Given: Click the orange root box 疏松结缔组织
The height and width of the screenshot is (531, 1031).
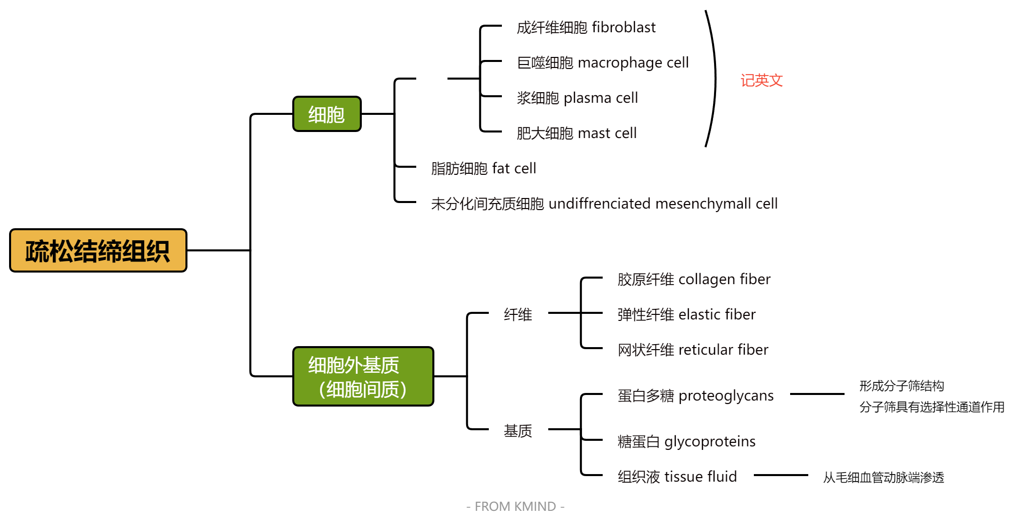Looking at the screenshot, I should point(98,250).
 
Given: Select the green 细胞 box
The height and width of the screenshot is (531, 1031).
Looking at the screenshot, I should point(327,114).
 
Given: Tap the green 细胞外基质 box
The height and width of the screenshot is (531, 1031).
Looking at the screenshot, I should point(363,376).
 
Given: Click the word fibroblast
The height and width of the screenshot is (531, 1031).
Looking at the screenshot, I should point(624,27).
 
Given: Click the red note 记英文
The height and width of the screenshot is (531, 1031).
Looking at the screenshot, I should point(761,80).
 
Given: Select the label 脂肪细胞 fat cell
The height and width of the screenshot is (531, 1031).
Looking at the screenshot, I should point(483,168).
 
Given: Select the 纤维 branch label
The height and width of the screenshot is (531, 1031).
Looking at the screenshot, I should point(518,314).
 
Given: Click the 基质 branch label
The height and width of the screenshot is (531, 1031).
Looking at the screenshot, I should point(518,431).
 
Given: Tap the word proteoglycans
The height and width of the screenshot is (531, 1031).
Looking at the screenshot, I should point(726,396).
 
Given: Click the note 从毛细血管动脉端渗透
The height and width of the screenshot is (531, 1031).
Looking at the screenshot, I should point(883,477).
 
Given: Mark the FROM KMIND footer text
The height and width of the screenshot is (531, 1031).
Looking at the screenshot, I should point(515,506).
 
